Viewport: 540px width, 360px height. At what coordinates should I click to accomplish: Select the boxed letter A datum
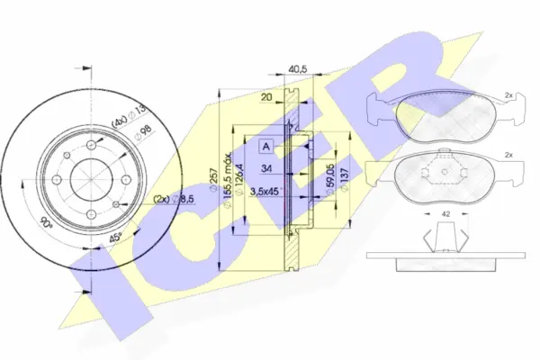pyautogui.click(x=265, y=146)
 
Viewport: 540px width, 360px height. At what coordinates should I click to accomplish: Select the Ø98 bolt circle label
pyautogui.click(x=142, y=132)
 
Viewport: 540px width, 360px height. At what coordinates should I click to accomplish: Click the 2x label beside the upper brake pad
pyautogui.click(x=508, y=94)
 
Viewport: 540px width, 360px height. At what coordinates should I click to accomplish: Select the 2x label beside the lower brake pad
pyautogui.click(x=508, y=157)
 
